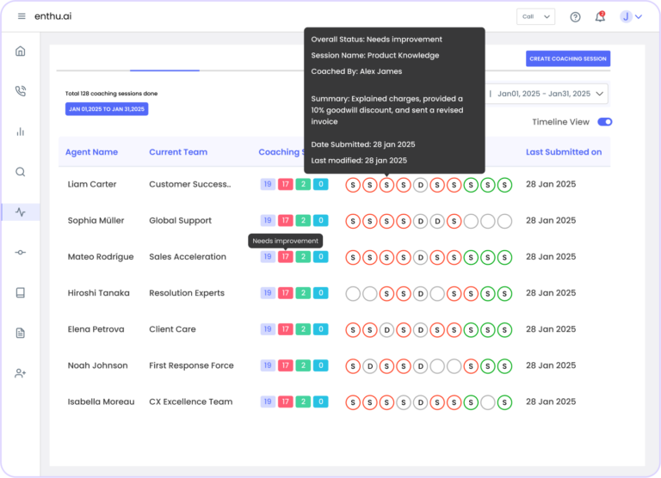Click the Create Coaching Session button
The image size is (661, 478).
pos(568,58)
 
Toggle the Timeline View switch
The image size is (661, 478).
pos(604,122)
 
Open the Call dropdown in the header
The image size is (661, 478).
pos(535,16)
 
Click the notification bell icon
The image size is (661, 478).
pos(600,16)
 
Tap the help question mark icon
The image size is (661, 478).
pos(575,16)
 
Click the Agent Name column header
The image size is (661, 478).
pos(91,152)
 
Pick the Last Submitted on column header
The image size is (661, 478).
pos(564,152)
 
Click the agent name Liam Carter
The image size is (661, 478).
pos(92,184)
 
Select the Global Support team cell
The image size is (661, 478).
pos(180,220)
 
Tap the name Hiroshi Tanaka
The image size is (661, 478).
pos(98,293)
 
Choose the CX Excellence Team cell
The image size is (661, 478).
pos(190,401)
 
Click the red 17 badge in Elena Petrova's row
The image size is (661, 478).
pos(286,329)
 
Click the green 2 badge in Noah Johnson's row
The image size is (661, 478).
pos(303,365)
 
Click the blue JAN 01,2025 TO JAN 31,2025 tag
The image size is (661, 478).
pos(107,109)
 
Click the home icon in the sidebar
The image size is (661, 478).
pos(21,51)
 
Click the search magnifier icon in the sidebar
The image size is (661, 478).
pos(21,171)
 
